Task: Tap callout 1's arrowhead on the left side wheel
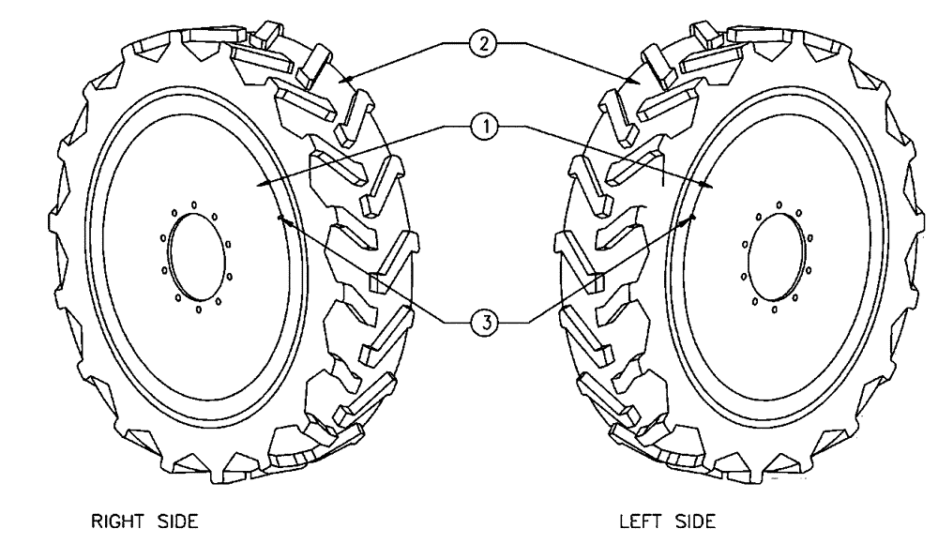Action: (x=715, y=187)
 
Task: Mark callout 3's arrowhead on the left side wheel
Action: (x=693, y=217)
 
